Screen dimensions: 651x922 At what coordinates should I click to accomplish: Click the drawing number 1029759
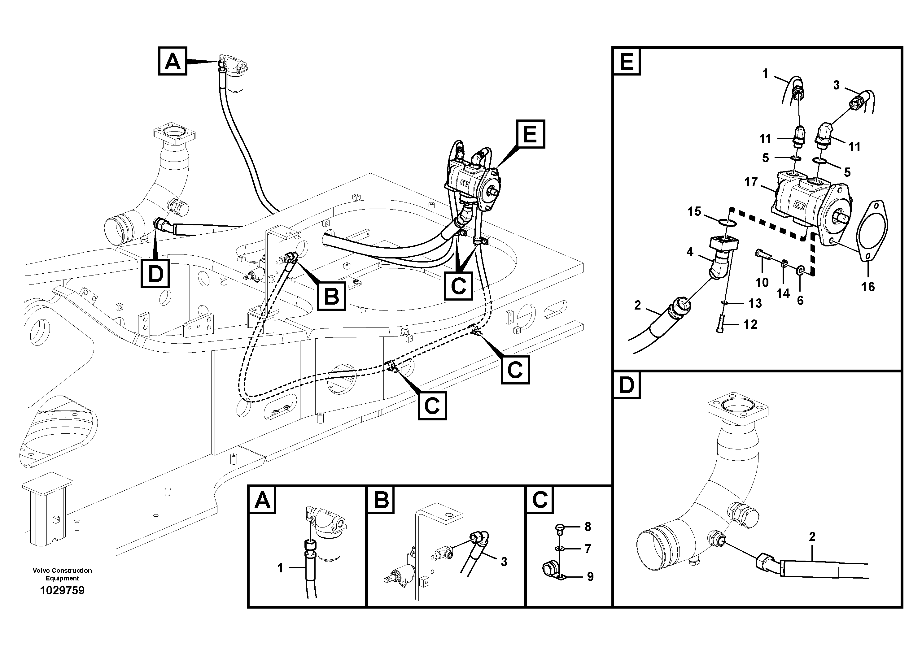point(62,590)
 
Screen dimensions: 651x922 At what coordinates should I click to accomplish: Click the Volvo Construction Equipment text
point(62,574)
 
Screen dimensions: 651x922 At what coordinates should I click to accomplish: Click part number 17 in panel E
point(750,182)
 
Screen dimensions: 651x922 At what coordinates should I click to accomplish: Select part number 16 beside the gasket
point(868,287)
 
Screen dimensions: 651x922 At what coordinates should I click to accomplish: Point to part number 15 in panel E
point(694,211)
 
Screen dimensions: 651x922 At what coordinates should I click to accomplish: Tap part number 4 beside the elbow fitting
point(690,252)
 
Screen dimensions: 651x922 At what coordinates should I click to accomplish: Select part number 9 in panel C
point(590,577)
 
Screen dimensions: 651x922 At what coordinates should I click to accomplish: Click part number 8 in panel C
point(588,527)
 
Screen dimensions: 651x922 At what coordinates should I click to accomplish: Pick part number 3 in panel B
point(504,562)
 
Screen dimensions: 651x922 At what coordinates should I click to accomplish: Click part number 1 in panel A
point(280,568)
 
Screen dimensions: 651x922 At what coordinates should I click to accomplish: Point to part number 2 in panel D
point(812,536)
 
